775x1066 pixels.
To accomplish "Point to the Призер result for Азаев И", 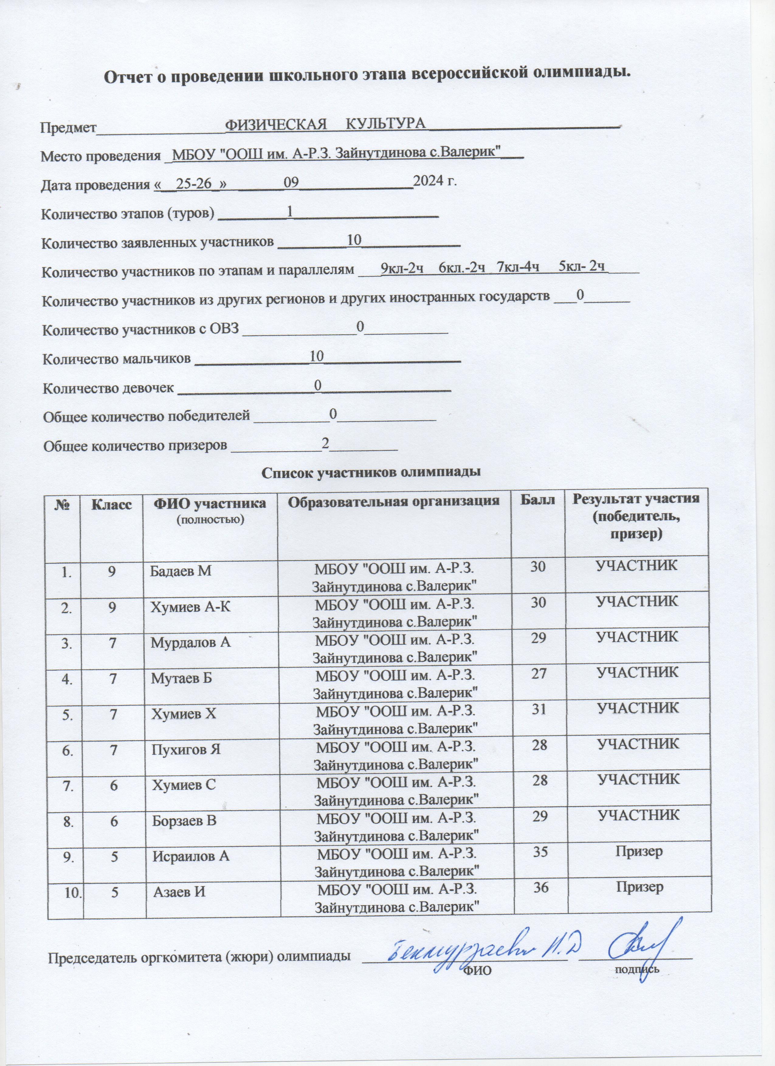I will [638, 887].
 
